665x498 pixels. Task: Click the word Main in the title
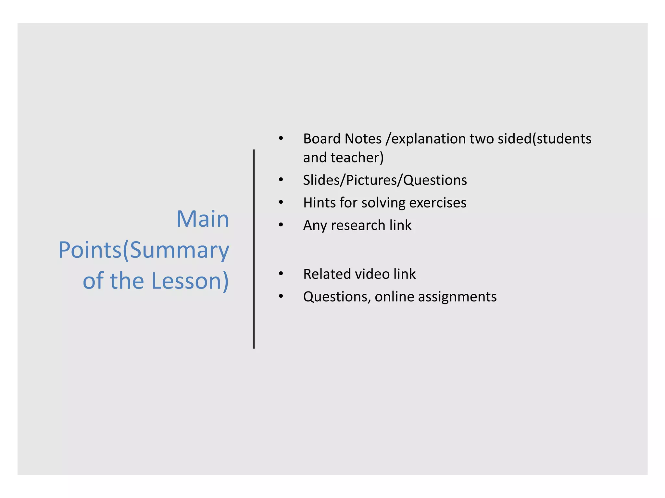203,219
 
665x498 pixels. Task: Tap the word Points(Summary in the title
144,250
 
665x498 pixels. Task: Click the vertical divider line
254,249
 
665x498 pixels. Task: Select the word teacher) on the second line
357,158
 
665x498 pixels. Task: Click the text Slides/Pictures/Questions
385,180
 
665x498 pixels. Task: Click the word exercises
438,203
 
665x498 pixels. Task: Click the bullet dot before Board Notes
281,138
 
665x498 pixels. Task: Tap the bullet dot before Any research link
281,225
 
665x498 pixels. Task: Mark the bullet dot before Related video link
281,274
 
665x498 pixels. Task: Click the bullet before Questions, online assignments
281,296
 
